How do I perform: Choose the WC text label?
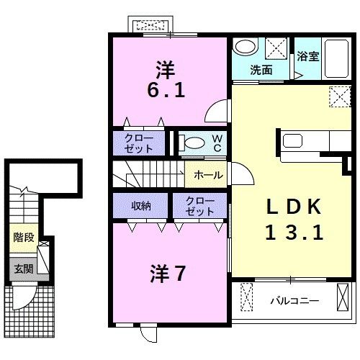tap(215, 143)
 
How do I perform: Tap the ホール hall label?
tap(208, 175)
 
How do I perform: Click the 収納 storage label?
tap(141, 207)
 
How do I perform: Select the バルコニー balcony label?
tap(294, 300)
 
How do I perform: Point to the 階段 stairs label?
tap(23, 237)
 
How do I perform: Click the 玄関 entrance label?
tap(23, 270)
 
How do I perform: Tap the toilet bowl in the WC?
tap(192, 143)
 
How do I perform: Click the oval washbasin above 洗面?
tap(245, 48)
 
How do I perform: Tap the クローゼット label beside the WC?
tap(138, 143)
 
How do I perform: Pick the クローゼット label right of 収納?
tap(199, 207)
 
